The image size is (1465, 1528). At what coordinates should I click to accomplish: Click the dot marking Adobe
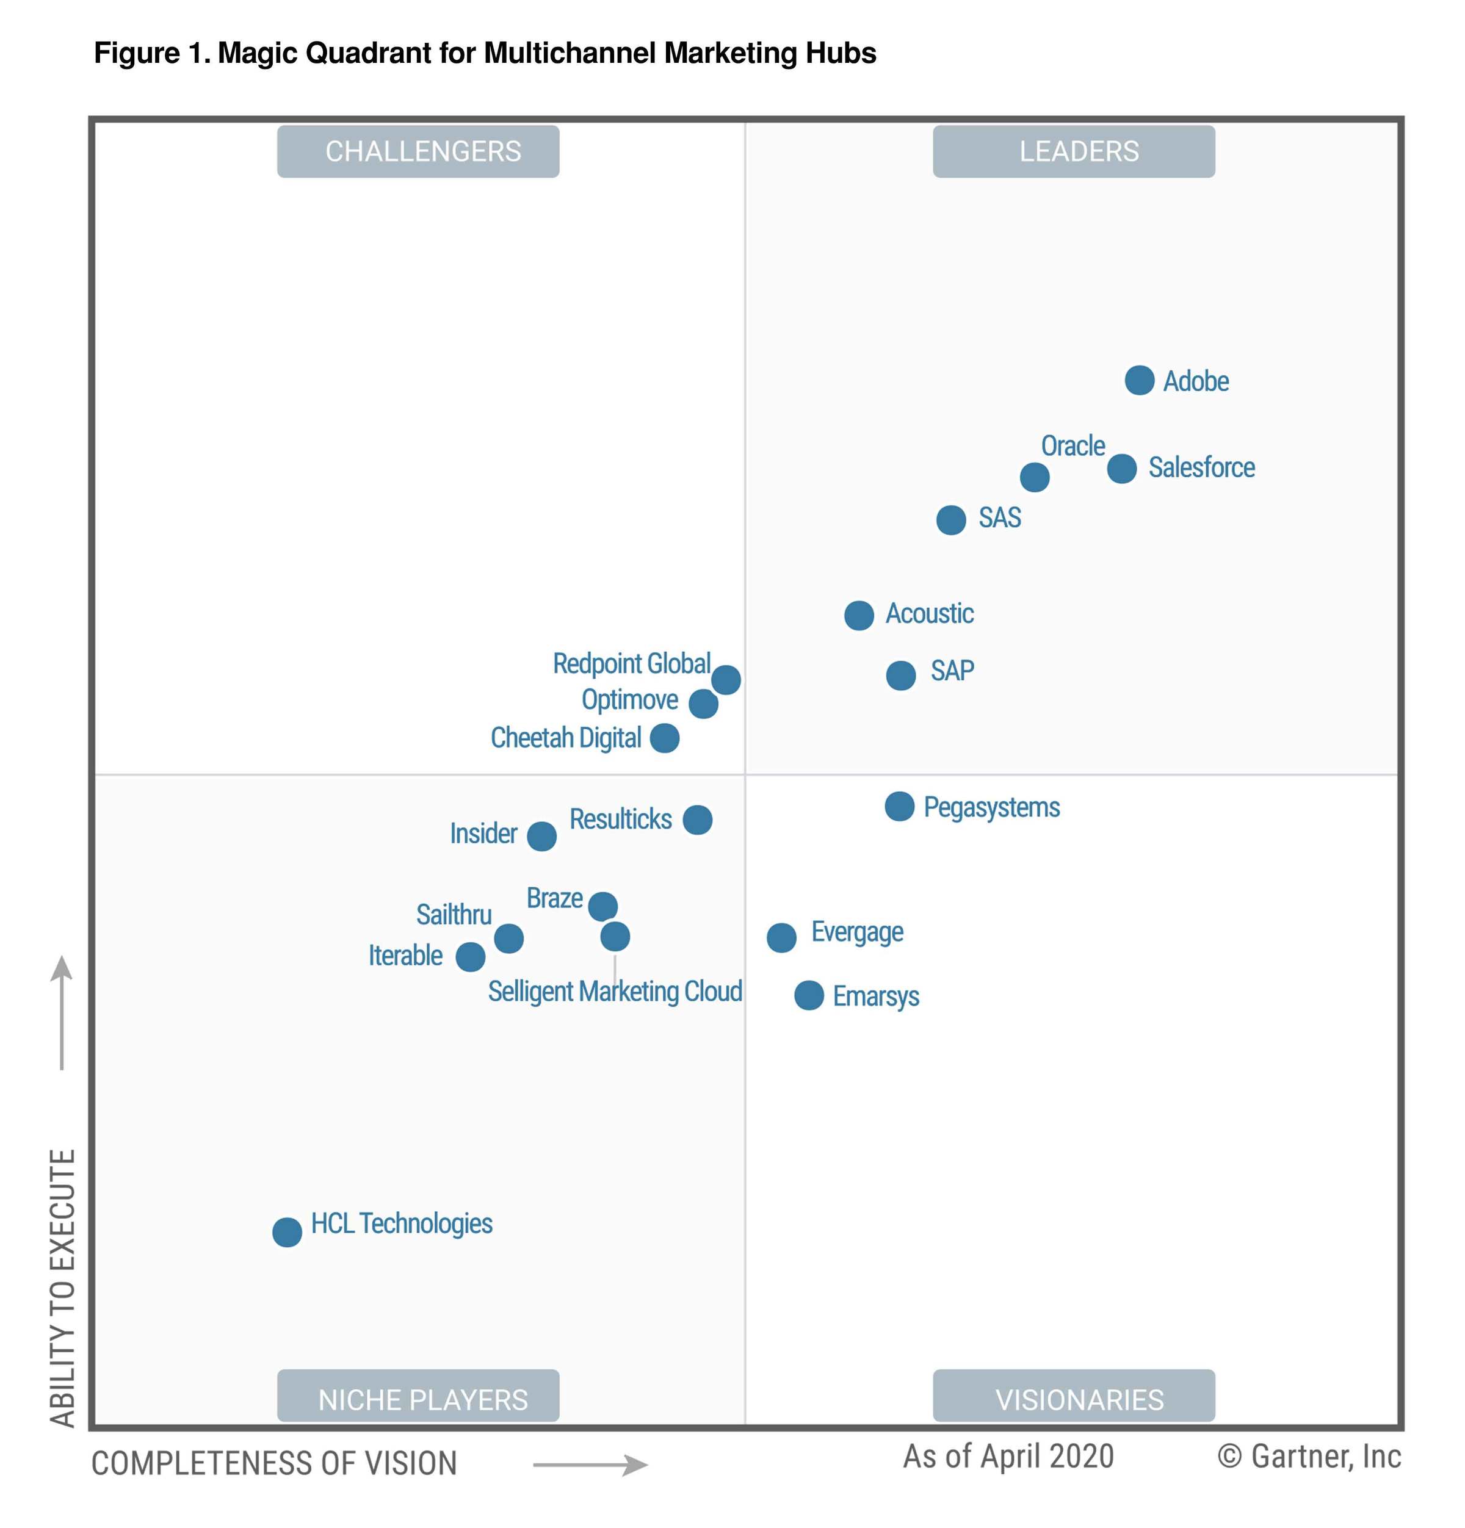1138,380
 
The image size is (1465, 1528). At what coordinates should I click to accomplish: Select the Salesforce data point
1121,469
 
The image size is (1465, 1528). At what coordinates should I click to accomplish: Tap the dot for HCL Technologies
287,1232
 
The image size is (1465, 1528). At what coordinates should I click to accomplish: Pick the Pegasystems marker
899,806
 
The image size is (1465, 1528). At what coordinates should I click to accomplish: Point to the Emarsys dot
809,995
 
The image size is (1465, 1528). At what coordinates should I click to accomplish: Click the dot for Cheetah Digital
664,738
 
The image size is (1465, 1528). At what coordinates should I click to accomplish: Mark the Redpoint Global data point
726,679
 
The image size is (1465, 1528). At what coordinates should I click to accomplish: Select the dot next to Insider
541,836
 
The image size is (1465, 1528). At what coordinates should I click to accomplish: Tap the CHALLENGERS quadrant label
418,151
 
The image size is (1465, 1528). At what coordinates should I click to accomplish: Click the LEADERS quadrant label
1074,151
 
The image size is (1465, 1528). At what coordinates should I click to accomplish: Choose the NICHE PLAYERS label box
418,1399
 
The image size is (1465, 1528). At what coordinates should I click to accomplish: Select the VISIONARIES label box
1074,1399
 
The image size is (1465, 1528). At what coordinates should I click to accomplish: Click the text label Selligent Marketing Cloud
614,991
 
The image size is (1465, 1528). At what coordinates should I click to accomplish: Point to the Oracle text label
1073,446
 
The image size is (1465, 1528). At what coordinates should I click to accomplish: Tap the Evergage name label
857,932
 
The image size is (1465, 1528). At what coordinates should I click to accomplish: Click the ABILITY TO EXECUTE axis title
62,1286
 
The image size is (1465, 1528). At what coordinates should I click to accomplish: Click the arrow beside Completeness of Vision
590,1465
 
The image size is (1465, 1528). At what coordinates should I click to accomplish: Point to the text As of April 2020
1008,1456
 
